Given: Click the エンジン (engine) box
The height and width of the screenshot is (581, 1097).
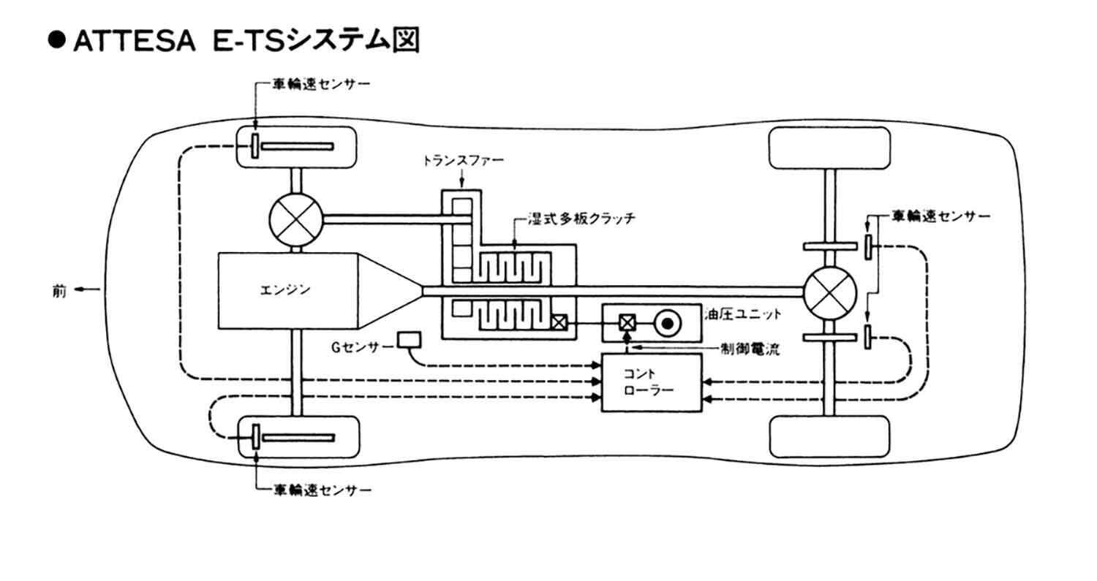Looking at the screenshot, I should pos(285,290).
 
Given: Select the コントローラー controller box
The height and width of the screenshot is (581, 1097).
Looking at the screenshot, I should pos(651,382).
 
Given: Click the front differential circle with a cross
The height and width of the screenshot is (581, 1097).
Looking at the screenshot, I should pos(296,217).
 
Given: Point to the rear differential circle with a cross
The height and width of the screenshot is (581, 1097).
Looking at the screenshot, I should pos(829,292).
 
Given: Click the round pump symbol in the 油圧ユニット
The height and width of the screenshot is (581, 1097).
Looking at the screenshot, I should pos(668,322).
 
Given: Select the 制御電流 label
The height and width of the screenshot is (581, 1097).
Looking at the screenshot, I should pos(750,349).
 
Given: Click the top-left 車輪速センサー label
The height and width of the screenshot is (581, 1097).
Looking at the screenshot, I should pos(322,83).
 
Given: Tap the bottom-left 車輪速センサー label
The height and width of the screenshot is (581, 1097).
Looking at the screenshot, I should pos(322,489).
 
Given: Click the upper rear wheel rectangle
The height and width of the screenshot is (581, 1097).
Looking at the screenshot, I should pos(830,148).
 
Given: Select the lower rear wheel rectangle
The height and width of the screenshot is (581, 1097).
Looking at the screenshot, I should pos(830,436).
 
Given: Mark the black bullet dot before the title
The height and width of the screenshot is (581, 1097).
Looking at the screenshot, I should pos(57,42).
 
